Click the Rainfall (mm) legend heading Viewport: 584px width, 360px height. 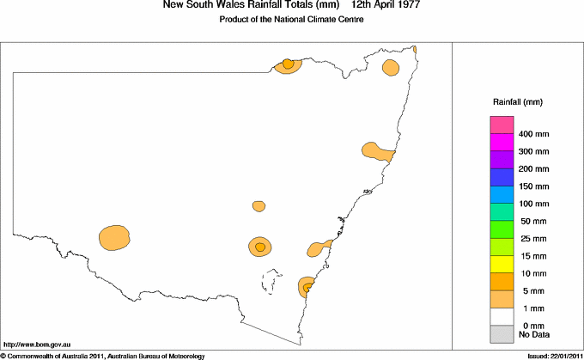point(516,102)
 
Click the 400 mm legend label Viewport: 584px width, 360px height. point(534,134)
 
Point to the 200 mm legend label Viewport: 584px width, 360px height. point(534,168)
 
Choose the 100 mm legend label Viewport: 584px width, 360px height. point(534,204)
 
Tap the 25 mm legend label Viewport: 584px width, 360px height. point(534,238)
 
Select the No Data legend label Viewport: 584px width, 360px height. point(534,333)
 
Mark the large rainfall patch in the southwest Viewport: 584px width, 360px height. point(114,237)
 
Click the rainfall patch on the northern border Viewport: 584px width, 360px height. point(289,64)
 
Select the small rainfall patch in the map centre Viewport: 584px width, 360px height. point(259,206)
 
